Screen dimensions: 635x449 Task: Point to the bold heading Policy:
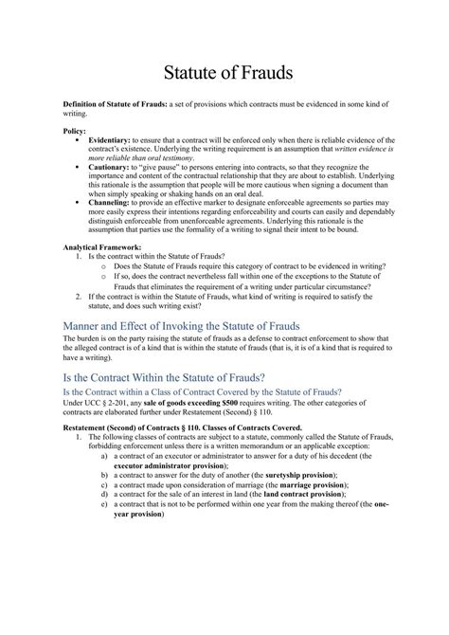tap(75, 130)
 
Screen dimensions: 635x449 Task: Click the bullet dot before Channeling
tap(75, 202)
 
